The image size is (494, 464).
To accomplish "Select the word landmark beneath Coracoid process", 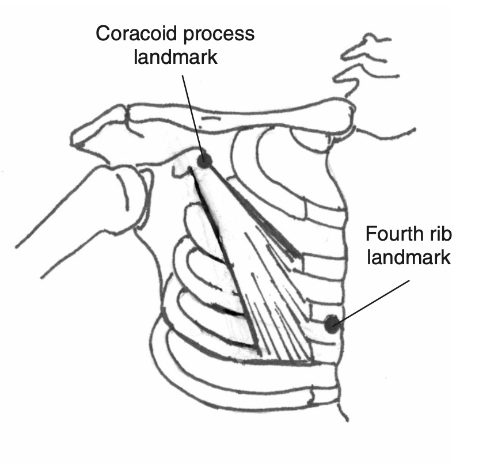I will [x=175, y=58].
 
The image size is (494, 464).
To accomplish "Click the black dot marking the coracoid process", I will [x=203, y=161].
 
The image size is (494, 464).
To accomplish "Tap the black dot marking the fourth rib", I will [x=332, y=324].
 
